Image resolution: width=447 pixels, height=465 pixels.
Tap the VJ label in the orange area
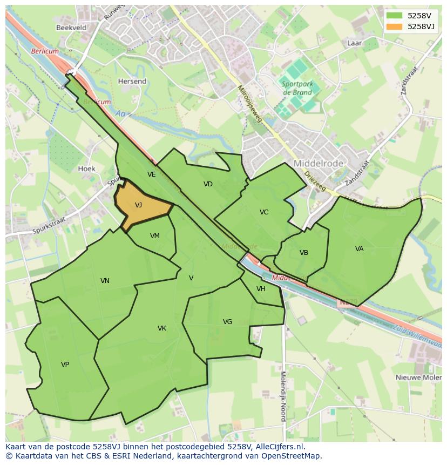point(138,205)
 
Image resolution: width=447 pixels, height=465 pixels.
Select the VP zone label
point(65,365)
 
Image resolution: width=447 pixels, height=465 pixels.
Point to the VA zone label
point(360,249)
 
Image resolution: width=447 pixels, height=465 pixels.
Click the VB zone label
point(304,253)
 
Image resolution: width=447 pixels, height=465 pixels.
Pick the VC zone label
point(264,212)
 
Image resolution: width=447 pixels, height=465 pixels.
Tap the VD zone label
point(208,184)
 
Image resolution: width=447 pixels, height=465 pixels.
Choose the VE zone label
point(152,174)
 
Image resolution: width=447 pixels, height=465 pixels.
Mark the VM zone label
point(155,236)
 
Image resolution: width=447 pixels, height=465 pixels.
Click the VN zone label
point(105,281)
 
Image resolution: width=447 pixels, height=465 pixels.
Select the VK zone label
point(162,328)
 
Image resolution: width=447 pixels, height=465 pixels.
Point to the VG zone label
point(227,322)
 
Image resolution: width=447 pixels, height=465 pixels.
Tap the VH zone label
point(261,289)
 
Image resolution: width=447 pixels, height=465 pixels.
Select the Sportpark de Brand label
point(296,88)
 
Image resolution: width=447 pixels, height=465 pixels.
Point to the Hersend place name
point(132,82)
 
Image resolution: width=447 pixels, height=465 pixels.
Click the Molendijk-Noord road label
point(282,396)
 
